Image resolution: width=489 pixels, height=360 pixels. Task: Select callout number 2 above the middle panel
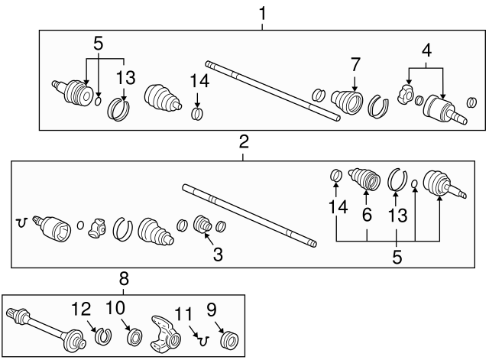(x=243, y=141)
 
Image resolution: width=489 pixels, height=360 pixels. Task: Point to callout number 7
(x=355, y=65)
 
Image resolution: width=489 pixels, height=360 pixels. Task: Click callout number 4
(x=426, y=51)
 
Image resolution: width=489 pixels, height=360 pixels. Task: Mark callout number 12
(x=81, y=310)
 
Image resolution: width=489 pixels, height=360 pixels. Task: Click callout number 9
(x=211, y=310)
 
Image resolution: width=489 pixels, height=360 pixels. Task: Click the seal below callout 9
(x=228, y=337)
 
